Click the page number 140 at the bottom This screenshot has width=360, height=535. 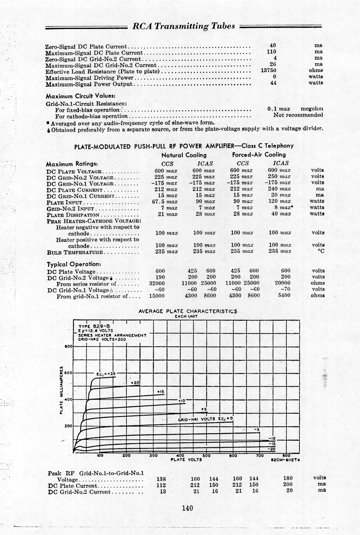pos(187,508)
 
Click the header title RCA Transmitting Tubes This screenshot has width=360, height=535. pos(184,26)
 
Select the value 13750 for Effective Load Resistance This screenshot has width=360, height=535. pos(268,70)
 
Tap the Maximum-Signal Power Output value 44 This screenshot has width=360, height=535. pos(273,83)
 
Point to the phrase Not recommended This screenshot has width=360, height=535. pos(298,115)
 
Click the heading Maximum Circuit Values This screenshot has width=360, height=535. pos(81,96)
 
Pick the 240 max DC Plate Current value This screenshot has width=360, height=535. pos(279,189)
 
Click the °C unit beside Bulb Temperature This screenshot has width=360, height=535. pos(320,251)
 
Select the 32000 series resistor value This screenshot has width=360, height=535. pos(157,283)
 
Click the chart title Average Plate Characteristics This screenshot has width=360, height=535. pos(188,311)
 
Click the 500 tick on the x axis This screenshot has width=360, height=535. pos(206,456)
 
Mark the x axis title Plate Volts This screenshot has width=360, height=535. pos(186,460)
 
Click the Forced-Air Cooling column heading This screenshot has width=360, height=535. pos(259,155)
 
